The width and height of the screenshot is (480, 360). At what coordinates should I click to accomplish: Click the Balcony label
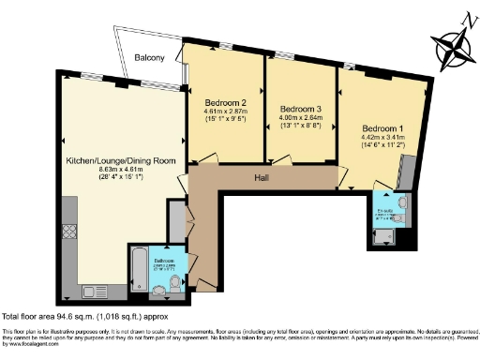pos(149,58)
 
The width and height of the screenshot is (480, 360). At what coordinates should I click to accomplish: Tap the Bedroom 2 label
pos(224,102)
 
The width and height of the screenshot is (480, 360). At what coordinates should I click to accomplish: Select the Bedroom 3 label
pos(300,109)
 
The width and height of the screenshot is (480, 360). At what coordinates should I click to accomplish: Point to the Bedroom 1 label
pos(382,127)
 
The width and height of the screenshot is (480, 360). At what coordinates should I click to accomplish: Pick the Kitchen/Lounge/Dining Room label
pos(121,161)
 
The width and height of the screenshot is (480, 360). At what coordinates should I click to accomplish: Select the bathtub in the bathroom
pos(138,266)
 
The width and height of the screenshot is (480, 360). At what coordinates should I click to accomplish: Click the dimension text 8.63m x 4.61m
pos(121,172)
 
